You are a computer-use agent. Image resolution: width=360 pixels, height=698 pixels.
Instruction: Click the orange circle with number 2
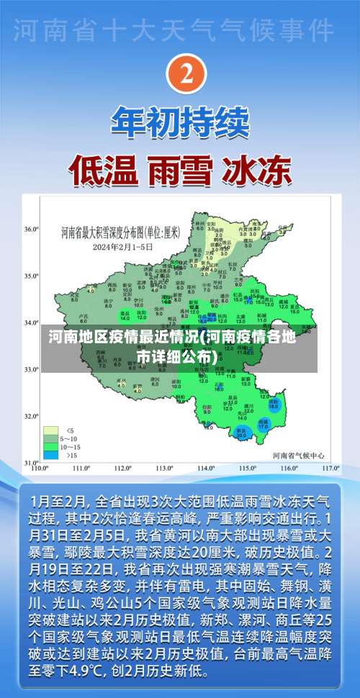186,75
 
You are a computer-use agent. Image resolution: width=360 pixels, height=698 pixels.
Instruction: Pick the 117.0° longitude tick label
330,468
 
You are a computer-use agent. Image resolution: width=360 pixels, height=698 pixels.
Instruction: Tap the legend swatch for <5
50,411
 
